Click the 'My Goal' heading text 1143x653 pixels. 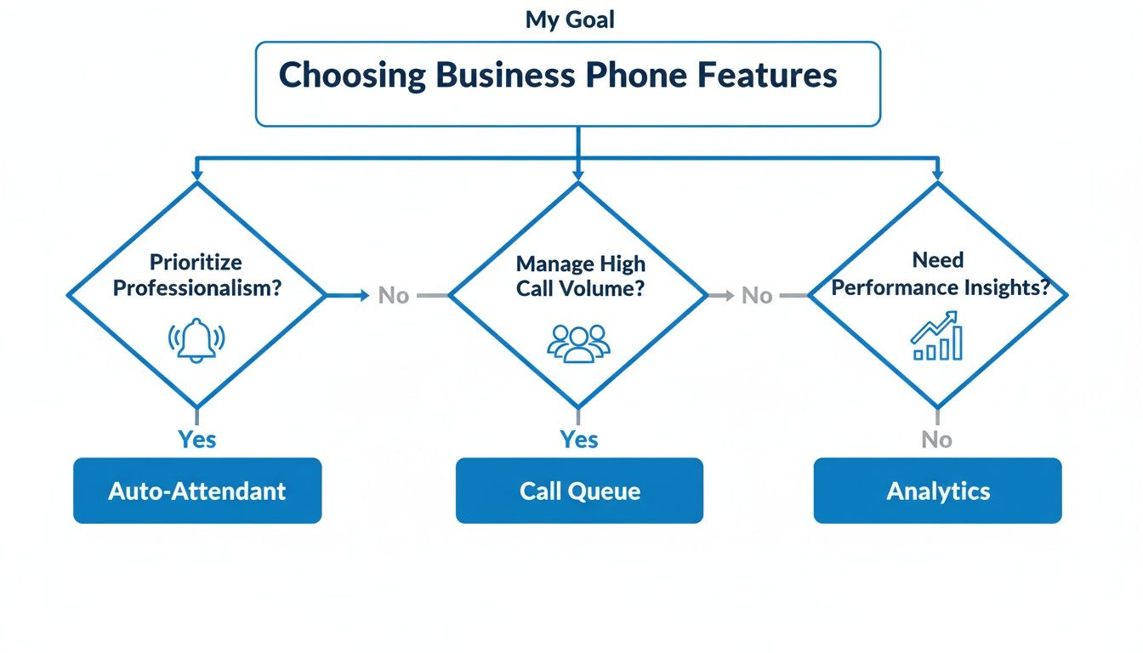click(570, 20)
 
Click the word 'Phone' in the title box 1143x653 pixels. click(638, 76)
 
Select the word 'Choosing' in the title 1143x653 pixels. click(352, 76)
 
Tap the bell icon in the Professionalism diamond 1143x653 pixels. click(196, 341)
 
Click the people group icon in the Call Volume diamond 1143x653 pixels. click(578, 343)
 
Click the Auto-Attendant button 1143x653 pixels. click(197, 491)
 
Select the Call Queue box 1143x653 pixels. click(579, 491)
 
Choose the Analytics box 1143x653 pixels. click(937, 491)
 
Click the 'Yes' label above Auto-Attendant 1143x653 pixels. click(197, 440)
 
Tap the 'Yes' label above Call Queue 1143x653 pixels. click(579, 440)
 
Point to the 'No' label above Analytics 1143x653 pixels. click(937, 440)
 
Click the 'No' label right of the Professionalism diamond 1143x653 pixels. click(394, 296)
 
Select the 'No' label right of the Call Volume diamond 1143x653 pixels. click(757, 296)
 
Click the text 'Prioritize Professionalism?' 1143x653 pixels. click(197, 275)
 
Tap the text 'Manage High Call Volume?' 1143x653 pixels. click(580, 275)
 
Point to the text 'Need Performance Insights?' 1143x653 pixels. click(937, 273)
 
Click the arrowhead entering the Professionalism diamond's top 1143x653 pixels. click(197, 174)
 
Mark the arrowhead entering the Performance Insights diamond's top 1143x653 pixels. click(937, 174)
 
